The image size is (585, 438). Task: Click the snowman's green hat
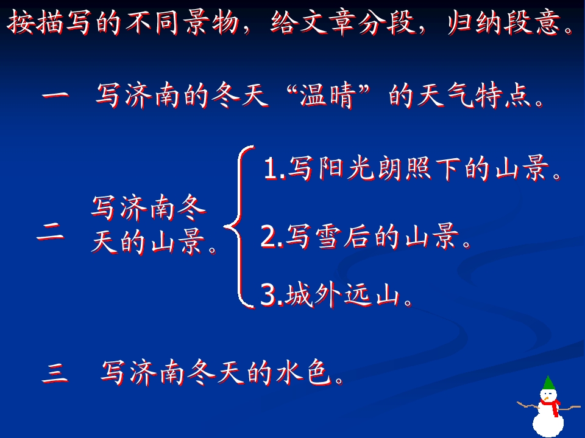(548, 384)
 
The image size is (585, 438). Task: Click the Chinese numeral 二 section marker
(51, 233)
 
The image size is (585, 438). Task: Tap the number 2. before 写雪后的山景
(272, 237)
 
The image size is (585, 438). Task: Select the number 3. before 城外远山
(271, 296)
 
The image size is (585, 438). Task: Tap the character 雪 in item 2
(330, 237)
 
